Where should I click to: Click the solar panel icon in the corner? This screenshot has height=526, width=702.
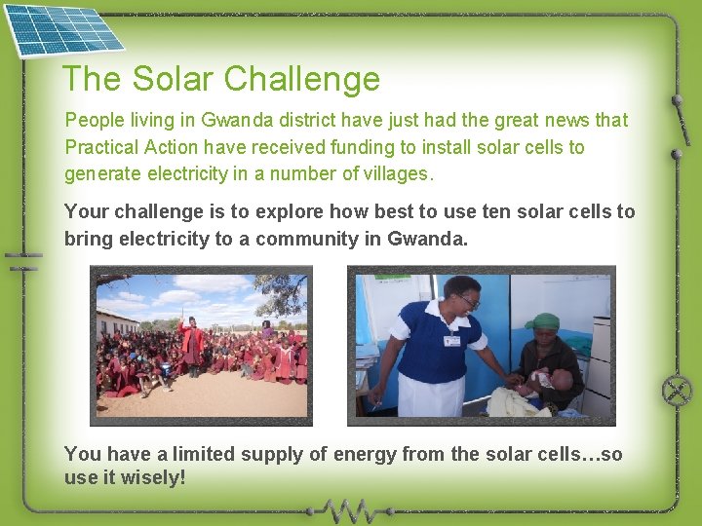pyautogui.click(x=61, y=29)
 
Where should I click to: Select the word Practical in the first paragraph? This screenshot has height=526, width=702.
pyautogui.click(x=101, y=147)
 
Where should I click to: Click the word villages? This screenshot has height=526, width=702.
pyautogui.click(x=397, y=173)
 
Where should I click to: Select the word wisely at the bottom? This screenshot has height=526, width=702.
pyautogui.click(x=153, y=479)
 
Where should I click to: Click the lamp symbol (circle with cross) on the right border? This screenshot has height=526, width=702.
pyautogui.click(x=677, y=391)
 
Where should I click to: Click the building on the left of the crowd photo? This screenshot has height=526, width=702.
pyautogui.click(x=115, y=320)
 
